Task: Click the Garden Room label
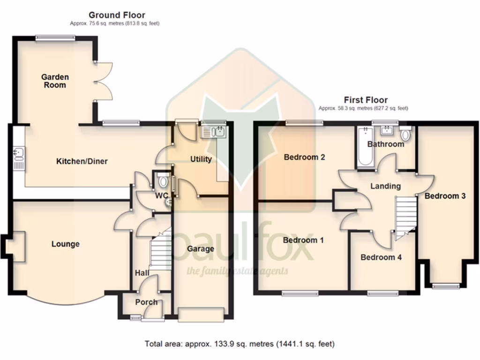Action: [55, 81]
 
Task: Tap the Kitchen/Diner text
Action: [82, 161]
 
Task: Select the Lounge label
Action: [66, 244]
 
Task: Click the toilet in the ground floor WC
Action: [163, 180]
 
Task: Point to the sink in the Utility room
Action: [213, 132]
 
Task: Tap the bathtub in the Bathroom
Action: [364, 148]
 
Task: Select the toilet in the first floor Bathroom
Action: [405, 135]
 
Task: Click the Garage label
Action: [201, 248]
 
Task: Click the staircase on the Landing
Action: [406, 216]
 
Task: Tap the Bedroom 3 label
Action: [445, 196]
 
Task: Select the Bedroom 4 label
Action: [381, 257]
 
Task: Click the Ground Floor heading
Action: [117, 15]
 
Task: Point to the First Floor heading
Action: [366, 100]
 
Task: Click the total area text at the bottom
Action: [240, 344]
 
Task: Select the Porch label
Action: [146, 302]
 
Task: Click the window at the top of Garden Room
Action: [56, 38]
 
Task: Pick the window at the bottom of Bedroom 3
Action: [446, 285]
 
